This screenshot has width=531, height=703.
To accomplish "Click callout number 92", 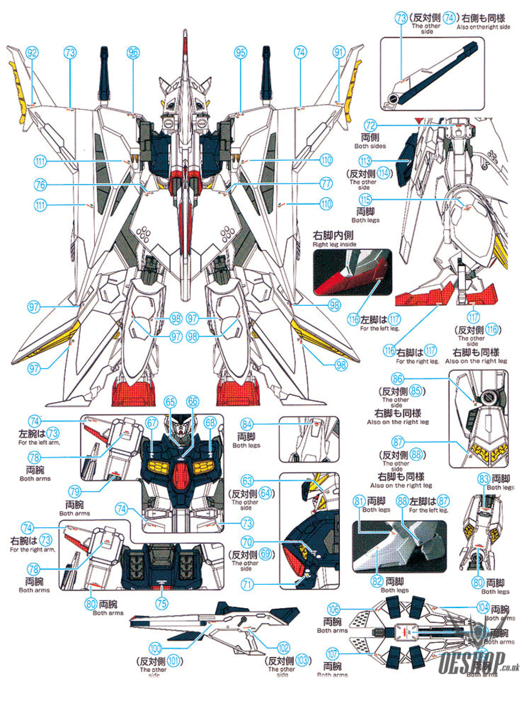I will coord(32,53).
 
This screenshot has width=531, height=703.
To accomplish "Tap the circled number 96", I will coord(133,53).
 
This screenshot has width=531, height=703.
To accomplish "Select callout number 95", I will coord(240,53).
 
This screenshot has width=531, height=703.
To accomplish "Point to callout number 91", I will coord(339,53).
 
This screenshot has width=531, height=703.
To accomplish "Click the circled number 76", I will coord(40,185).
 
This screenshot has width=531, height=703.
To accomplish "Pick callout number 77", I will coord(325,183).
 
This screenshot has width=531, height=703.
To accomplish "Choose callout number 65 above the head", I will coord(170,402).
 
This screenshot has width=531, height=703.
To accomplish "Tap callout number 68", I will coord(210,423).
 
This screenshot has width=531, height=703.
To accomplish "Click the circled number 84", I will coord(247,424).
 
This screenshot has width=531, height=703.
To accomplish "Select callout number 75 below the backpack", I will coord(162,603).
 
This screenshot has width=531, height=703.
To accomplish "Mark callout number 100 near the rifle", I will coord(155,648).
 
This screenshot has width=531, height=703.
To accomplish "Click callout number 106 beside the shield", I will coord(333,609).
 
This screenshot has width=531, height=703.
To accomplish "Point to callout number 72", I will coord(370,126).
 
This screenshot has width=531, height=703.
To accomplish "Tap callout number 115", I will coord(365,200).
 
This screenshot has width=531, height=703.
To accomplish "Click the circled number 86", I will coord(397,379).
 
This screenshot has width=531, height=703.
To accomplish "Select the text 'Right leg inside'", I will coord(334,244).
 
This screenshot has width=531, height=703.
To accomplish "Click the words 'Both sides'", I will coord(370,146).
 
